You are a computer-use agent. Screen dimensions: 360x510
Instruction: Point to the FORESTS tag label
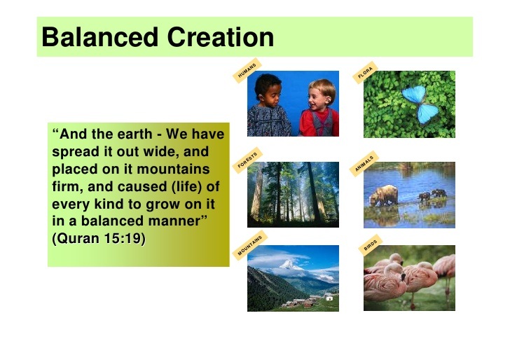[248, 160]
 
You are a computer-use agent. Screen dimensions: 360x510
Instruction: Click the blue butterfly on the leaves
[420, 104]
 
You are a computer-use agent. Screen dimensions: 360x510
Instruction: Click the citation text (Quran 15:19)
[99, 239]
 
